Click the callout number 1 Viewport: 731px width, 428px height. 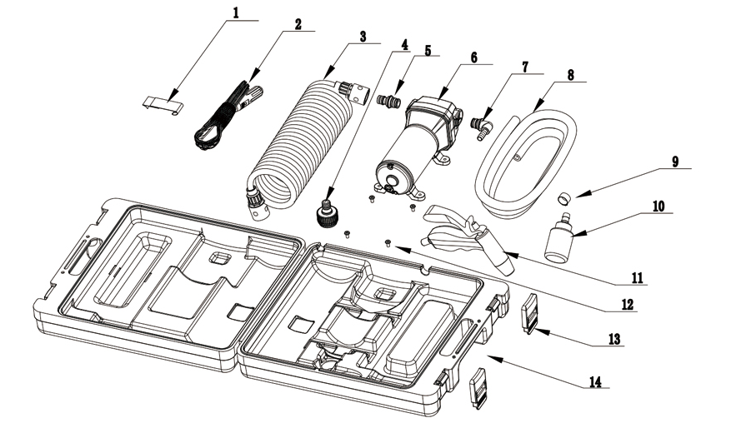236,12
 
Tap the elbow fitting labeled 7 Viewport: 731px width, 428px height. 481,127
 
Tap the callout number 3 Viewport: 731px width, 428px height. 363,37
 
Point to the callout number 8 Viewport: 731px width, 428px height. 569,73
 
